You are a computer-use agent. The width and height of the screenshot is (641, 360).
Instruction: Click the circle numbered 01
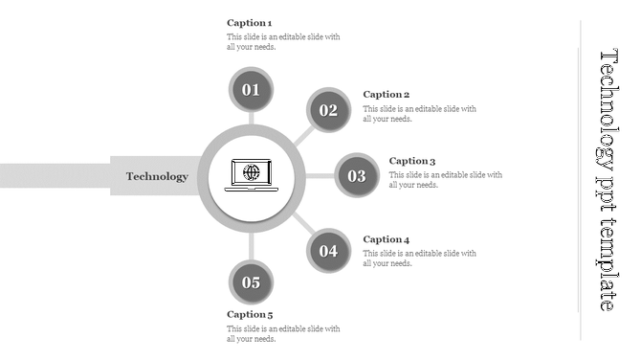click(251, 90)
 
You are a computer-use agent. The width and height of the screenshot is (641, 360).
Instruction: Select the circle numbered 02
click(328, 110)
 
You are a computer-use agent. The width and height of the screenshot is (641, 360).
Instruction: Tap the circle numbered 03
click(357, 175)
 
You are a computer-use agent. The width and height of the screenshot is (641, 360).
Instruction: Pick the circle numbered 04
click(328, 252)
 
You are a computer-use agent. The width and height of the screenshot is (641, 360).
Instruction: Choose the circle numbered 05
click(251, 282)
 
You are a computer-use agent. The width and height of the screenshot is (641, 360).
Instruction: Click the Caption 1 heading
click(250, 22)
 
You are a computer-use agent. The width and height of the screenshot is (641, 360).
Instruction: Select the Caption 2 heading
click(387, 94)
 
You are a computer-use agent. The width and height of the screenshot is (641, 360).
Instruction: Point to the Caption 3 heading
click(412, 161)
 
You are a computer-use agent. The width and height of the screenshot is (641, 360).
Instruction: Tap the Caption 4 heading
click(387, 239)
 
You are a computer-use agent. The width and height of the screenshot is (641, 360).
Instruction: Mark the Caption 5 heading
click(250, 314)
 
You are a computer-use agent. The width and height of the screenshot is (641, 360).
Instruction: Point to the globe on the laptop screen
click(251, 172)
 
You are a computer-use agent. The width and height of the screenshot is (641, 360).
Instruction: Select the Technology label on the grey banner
click(157, 176)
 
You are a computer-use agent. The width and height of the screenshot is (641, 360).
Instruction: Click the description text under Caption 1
click(283, 42)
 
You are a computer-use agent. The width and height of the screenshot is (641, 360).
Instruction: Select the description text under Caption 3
click(445, 180)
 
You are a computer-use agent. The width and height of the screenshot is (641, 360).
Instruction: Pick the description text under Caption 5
click(283, 333)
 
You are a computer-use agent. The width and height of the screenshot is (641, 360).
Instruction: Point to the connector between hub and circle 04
click(300, 223)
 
